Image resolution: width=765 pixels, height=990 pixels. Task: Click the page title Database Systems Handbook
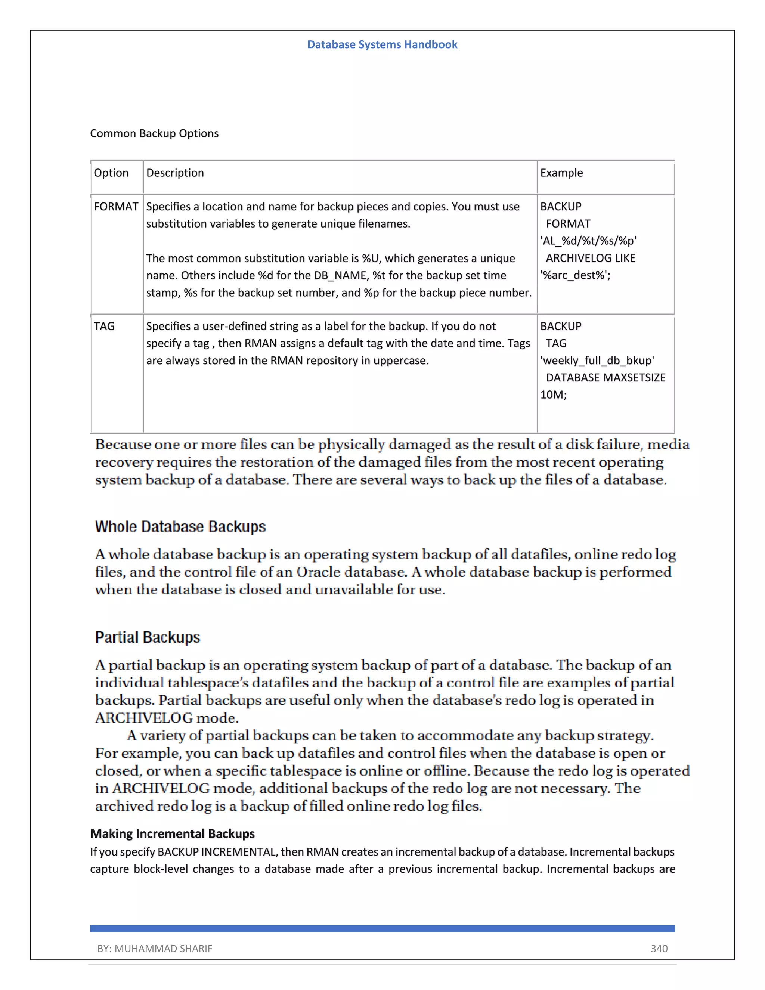[382, 44]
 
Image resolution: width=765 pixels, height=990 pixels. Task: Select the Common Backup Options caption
[154, 133]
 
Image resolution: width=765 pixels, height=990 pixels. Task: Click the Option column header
[111, 173]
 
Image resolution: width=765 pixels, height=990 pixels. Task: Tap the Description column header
[175, 173]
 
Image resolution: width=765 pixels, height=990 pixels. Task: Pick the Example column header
[561, 173]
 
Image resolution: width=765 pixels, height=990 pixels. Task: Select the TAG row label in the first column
[104, 327]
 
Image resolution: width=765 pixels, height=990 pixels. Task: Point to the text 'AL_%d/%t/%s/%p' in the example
[588, 241]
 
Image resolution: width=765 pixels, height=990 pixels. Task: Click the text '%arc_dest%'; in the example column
[575, 275]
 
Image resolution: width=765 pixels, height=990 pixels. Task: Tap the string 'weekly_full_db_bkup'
[597, 361]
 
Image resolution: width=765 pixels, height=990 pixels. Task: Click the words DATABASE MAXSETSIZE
[606, 378]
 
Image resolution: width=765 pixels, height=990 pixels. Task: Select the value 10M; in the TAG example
[553, 395]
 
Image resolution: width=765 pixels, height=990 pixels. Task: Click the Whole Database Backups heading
[180, 527]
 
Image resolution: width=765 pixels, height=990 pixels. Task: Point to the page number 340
[659, 948]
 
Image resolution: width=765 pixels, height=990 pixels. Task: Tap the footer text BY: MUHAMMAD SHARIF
[155, 948]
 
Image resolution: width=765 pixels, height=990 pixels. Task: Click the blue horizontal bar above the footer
[382, 928]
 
